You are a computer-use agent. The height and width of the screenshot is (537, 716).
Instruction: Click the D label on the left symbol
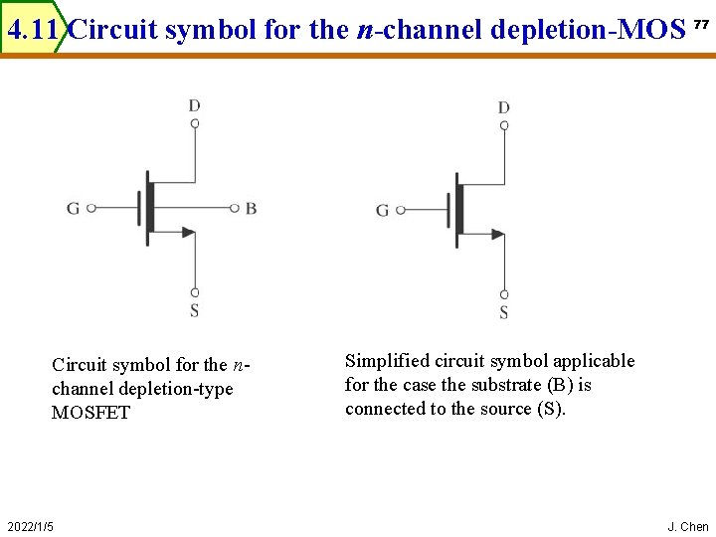tap(195, 104)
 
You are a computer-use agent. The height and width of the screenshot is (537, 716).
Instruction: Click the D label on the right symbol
tap(504, 107)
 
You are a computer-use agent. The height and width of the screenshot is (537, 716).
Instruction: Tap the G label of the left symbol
tap(74, 208)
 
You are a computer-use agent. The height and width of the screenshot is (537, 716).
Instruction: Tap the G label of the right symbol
tap(383, 210)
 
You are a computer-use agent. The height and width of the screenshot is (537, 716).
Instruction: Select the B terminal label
tap(251, 208)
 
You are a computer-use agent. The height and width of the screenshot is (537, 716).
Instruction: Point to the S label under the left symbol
tap(195, 310)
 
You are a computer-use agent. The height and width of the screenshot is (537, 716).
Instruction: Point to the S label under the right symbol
tap(504, 312)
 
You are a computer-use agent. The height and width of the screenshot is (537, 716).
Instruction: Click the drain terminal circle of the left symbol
tap(195, 123)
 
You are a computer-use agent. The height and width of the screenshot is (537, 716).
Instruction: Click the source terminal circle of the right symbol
tap(504, 294)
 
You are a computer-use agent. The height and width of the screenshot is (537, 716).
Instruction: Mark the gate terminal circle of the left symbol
tap(90, 208)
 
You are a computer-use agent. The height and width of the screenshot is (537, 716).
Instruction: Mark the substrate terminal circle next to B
tap(234, 208)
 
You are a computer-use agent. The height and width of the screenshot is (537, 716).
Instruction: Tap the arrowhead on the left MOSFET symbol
tap(189, 233)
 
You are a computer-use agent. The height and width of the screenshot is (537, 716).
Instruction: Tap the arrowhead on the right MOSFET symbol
tap(498, 235)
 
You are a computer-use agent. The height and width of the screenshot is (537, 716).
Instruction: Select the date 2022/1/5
tap(31, 526)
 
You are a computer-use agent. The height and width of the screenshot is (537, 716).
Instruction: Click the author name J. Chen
tap(688, 526)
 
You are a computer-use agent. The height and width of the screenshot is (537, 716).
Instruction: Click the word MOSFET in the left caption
tap(90, 413)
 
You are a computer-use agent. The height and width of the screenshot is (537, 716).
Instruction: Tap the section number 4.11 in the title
tap(33, 30)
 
